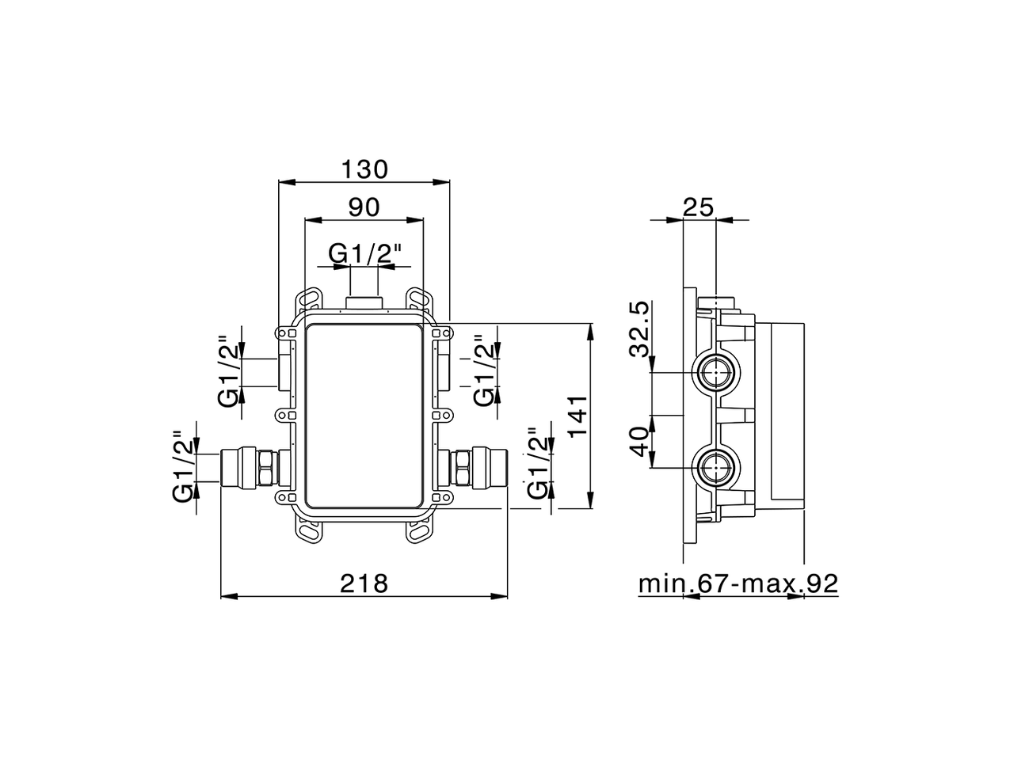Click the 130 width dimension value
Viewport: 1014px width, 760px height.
[x=364, y=169]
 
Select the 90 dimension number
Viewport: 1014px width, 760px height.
[x=364, y=207]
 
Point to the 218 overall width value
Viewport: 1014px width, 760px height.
[x=364, y=583]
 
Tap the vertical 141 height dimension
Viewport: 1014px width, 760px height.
[x=578, y=417]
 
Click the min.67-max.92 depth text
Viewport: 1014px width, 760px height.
[x=738, y=584]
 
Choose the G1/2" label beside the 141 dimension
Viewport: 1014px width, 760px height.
[x=539, y=463]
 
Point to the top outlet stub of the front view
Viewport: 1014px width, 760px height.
[x=365, y=300]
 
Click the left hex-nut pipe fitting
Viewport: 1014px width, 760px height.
[x=251, y=467]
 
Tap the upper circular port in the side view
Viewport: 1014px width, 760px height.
[x=718, y=372]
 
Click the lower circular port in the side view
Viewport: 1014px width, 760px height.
[x=718, y=468]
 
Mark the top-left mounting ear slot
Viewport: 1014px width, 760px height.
[x=309, y=300]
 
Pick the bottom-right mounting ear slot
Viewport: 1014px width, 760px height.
[x=420, y=531]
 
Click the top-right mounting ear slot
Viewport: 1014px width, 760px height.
[x=420, y=300]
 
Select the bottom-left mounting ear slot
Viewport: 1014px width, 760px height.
[x=309, y=531]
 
